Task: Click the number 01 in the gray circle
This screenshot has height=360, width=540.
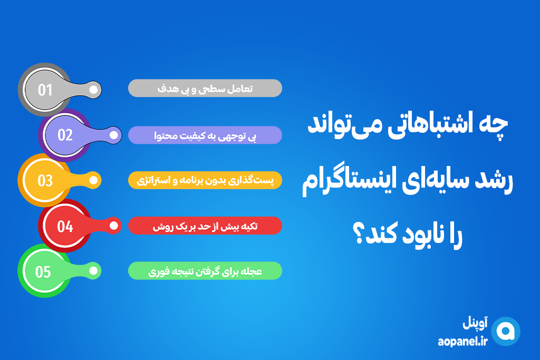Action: click(x=45, y=90)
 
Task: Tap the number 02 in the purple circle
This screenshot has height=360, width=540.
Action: click(x=65, y=135)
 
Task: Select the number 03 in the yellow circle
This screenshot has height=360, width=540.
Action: click(x=45, y=181)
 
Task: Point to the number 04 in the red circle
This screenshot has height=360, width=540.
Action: click(x=65, y=227)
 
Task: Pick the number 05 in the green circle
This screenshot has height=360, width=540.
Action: click(x=43, y=272)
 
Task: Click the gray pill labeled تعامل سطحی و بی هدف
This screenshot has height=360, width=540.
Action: click(x=205, y=89)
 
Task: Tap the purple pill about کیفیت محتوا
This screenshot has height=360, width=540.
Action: click(x=205, y=135)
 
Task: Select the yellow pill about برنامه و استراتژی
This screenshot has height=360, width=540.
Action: click(x=205, y=180)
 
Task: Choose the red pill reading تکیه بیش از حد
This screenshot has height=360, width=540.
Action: click(x=205, y=226)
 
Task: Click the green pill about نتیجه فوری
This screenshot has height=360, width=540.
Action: click(x=205, y=271)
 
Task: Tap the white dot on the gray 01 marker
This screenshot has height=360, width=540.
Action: click(x=93, y=90)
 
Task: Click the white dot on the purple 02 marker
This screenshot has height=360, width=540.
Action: click(x=114, y=135)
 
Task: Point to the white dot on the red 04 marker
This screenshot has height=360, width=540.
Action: click(x=114, y=226)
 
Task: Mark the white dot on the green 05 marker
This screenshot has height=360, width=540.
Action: click(x=93, y=271)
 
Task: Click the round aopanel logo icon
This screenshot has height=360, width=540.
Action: click(x=506, y=332)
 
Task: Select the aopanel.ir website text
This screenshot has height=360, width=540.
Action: click(x=463, y=342)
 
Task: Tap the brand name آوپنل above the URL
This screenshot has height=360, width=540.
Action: click(x=475, y=323)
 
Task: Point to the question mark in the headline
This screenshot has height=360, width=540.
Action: click(x=359, y=234)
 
